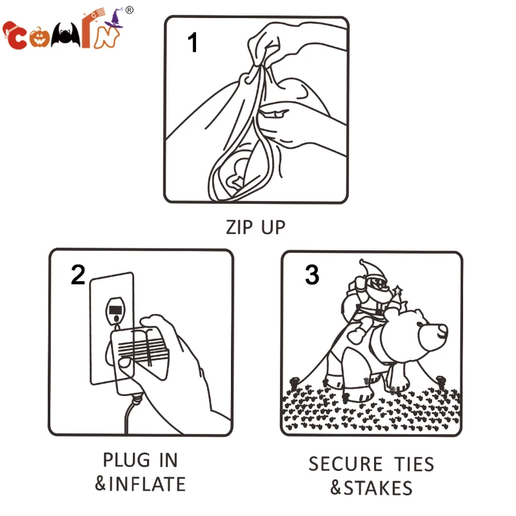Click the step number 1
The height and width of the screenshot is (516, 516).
[192, 42]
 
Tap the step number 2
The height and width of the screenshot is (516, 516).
[78, 275]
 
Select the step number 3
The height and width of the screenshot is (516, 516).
[312, 275]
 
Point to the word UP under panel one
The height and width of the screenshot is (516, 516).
[273, 228]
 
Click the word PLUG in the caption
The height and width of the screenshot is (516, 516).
[126, 460]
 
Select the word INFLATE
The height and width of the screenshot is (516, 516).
[147, 484]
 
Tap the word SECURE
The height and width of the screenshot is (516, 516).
[346, 464]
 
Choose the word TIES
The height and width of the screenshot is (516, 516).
[414, 464]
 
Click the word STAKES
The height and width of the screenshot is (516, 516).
[378, 488]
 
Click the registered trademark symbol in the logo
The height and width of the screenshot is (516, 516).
[130, 10]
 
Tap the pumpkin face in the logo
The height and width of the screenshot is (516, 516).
[39, 37]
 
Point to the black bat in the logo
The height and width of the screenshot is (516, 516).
[66, 35]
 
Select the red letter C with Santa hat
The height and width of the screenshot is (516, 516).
[14, 36]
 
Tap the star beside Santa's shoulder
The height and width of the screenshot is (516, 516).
[397, 291]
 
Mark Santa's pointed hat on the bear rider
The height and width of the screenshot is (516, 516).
[373, 268]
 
